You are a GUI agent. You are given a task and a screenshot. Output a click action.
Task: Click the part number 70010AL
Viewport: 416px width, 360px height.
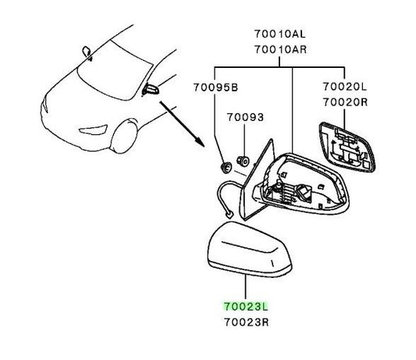click(280, 34)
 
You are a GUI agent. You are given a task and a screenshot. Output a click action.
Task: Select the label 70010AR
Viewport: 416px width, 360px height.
click(280, 49)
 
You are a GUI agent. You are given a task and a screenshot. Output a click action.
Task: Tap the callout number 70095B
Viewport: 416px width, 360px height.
click(215, 87)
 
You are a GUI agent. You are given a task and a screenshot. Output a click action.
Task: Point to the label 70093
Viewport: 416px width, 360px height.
click(245, 117)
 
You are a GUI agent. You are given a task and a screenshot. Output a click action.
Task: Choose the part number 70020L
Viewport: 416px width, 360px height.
click(345, 87)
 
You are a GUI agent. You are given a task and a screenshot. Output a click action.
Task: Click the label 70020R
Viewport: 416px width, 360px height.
click(345, 102)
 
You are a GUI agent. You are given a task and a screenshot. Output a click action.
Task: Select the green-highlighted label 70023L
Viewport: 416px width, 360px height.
click(246, 307)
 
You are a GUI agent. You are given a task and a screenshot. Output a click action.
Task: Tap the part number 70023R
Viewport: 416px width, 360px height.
click(247, 323)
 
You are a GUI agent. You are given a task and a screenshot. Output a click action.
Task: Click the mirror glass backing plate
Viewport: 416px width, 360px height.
click(347, 148)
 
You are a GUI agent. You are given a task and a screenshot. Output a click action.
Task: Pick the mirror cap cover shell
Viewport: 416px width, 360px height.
click(249, 250)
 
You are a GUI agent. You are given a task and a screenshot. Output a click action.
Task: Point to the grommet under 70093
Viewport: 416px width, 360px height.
click(243, 161)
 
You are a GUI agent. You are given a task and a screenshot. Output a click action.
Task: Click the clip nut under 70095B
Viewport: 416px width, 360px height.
click(226, 168)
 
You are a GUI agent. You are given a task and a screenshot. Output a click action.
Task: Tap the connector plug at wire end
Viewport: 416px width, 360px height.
click(229, 214)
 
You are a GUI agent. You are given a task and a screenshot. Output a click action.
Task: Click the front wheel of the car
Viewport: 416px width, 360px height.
click(124, 137)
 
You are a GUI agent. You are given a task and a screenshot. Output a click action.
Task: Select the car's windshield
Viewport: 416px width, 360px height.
click(115, 72)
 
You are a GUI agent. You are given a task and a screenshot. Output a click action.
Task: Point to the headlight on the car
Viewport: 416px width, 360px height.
click(94, 130)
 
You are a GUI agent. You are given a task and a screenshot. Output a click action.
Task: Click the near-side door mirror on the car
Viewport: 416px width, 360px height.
click(151, 90)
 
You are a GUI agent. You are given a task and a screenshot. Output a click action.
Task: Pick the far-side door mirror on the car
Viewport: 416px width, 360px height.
click(87, 52)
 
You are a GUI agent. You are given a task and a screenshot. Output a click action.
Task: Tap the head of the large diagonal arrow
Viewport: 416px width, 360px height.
click(201, 142)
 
